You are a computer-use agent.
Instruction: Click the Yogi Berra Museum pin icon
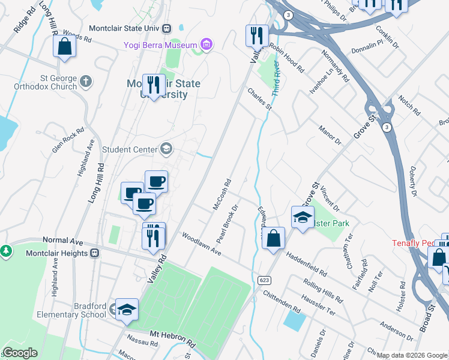(x=207, y=44)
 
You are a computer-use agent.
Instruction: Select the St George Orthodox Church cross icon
(x=85, y=81)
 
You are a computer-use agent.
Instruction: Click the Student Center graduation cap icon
(x=166, y=149)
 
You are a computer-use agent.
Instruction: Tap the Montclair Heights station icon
(x=95, y=253)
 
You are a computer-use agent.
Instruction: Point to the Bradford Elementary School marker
(x=127, y=310)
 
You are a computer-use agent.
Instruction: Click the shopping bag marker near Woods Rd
(x=64, y=46)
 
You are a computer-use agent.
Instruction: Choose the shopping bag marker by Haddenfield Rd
(x=273, y=239)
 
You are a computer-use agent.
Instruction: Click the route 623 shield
(x=264, y=280)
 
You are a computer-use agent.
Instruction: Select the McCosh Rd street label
(x=222, y=194)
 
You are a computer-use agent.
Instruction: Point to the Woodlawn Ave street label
(x=202, y=245)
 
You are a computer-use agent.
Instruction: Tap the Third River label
(x=276, y=78)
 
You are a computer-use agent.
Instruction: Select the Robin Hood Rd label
(x=286, y=58)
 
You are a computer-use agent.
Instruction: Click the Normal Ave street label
(x=62, y=241)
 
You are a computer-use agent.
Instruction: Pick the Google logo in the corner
(x=19, y=353)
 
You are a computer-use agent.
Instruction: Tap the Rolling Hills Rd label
(x=324, y=290)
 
